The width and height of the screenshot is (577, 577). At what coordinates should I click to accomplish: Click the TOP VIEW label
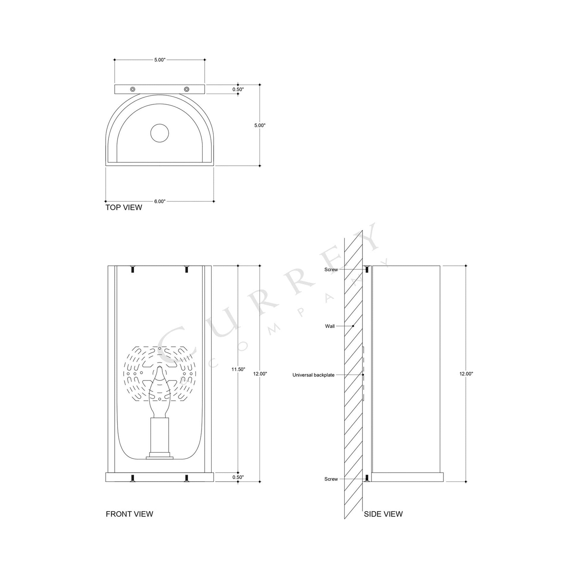point(124,208)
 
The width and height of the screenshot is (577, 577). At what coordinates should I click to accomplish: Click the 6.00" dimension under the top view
point(160,201)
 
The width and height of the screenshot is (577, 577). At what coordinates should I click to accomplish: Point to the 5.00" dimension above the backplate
point(160,60)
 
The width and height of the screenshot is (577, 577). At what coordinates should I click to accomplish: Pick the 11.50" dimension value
point(238,369)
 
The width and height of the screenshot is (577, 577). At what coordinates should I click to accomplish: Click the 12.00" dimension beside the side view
point(466,374)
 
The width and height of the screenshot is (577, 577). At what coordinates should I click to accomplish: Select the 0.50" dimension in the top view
point(238,89)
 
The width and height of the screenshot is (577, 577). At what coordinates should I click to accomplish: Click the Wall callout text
point(330,326)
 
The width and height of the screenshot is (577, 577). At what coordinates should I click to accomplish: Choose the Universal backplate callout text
point(313,375)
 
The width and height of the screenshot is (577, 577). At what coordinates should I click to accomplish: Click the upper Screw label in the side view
point(331,270)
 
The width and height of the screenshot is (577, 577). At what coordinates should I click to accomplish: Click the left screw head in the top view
point(133,89)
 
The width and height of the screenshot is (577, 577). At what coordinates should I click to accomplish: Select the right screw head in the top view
point(187,89)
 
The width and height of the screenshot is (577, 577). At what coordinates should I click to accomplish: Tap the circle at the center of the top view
point(160,133)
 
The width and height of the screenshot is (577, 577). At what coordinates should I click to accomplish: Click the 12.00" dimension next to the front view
point(260,374)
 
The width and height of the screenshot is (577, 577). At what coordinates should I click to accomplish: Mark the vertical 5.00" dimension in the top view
point(259,125)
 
